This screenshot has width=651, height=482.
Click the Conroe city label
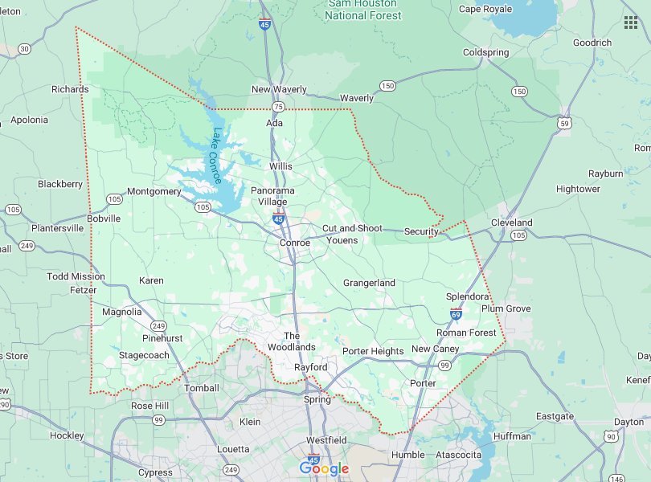294,243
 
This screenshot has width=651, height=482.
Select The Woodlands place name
292,341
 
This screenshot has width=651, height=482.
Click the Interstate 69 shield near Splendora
456,313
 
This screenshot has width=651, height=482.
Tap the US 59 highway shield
565,123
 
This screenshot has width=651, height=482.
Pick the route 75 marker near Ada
278,107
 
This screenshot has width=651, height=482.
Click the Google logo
324,468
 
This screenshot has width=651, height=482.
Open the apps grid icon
630,22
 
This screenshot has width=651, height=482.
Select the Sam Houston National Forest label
363,10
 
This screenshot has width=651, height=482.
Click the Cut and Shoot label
352,228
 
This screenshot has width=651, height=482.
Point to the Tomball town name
201,388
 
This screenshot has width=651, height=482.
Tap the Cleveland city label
512,223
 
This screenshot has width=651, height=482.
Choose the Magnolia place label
122,312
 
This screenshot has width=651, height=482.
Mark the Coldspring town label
485,53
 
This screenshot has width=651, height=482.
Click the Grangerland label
369,283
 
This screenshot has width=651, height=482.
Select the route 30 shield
24,49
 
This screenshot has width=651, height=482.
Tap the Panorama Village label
272,196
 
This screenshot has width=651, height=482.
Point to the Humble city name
407,455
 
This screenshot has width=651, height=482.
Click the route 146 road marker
617,477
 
